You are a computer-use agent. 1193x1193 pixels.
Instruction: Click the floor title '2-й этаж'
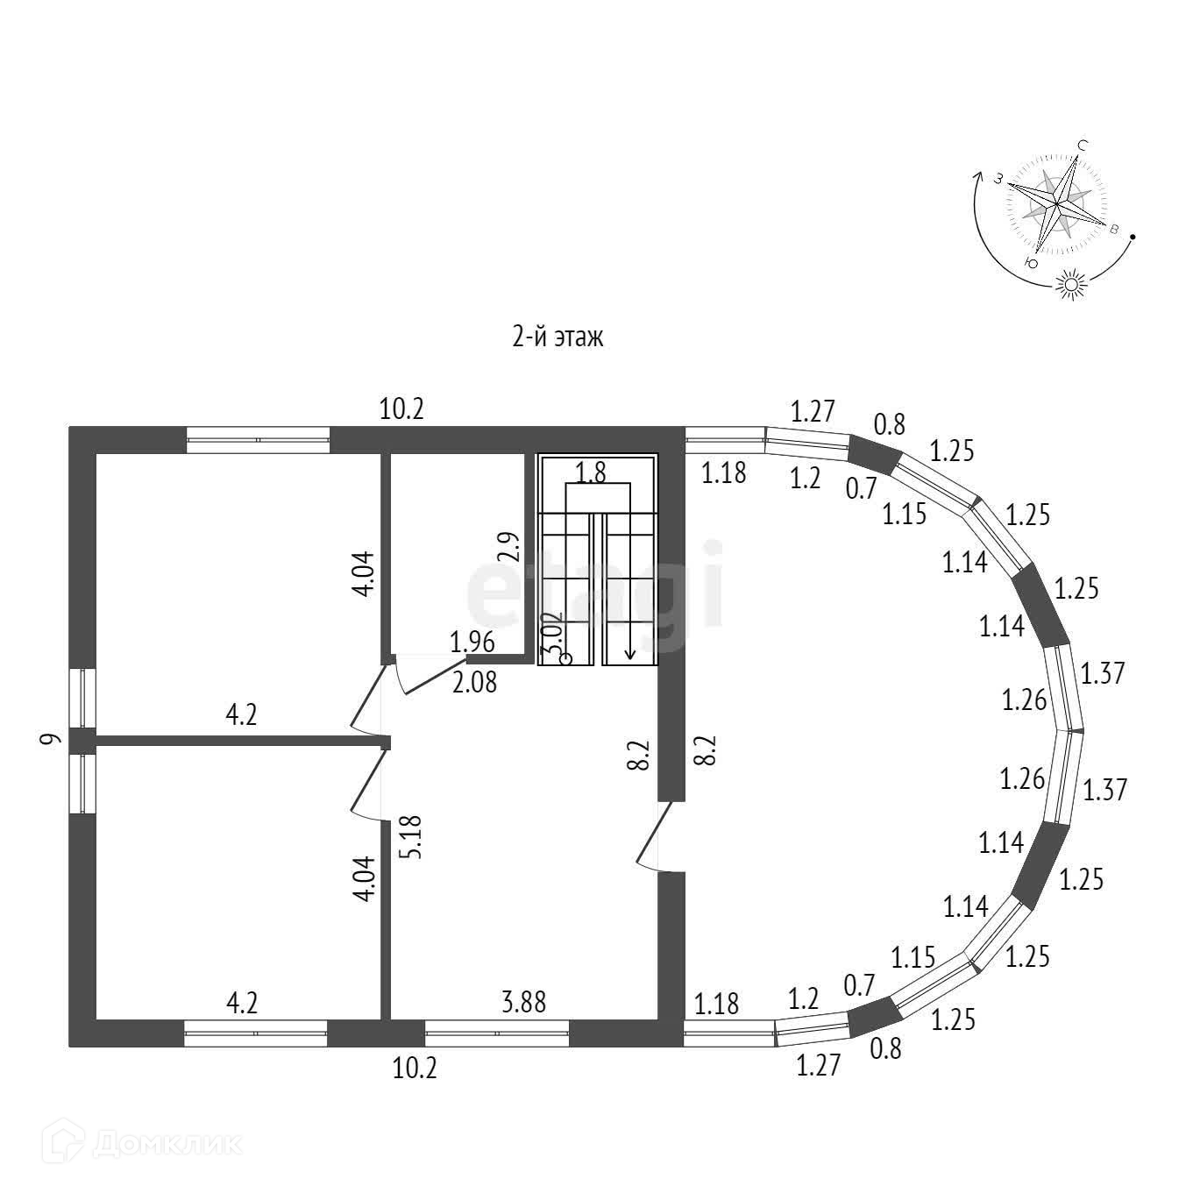557,337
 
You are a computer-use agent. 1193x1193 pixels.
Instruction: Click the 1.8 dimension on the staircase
591,473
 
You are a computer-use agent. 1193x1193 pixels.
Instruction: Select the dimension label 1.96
472,643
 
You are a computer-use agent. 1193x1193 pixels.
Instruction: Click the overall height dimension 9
52,739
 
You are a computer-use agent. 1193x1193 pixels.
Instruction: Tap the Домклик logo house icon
72,1142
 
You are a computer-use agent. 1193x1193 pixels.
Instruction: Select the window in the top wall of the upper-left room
259,439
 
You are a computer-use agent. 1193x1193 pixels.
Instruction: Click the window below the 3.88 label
497,1033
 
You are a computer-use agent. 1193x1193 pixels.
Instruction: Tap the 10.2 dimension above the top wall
401,408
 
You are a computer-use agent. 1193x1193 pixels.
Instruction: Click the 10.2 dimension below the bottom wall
414,1068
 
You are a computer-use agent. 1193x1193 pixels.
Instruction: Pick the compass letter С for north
1083,146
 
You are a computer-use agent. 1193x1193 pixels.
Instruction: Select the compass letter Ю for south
1032,263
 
